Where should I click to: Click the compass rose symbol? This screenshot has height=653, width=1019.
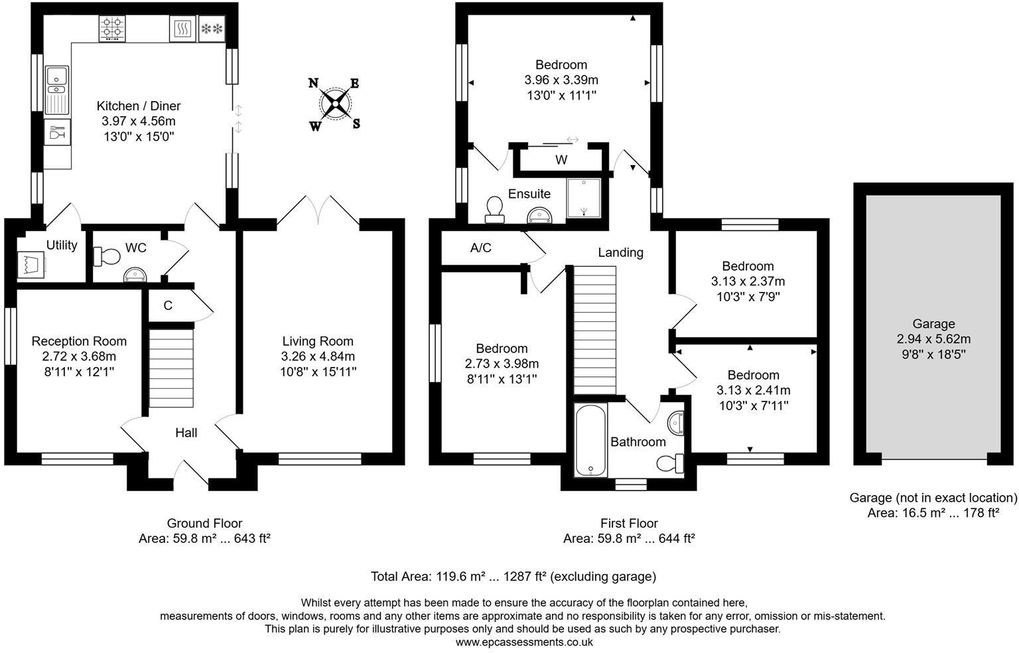pos(335,104)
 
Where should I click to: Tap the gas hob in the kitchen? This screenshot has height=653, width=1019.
pos(112,29)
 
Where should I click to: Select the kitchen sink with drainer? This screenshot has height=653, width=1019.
pos(57,90)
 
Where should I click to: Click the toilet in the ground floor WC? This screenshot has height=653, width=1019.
pos(106,257)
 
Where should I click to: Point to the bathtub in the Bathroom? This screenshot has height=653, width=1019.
pos(591,440)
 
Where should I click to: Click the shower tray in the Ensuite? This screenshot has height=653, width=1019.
pos(584,198)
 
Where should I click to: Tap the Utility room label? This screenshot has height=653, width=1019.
pos(62,246)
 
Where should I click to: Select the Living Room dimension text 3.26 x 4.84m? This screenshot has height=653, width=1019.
pos(318,356)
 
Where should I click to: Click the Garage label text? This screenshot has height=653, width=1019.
pos(933,324)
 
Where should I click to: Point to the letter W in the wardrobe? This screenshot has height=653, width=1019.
pos(561,160)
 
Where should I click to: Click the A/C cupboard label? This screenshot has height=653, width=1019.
pos(481,248)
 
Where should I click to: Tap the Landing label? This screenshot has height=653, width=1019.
pos(620,253)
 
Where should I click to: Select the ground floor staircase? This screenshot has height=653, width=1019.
pos(172,368)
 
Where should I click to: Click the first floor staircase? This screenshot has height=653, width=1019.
pos(594,330)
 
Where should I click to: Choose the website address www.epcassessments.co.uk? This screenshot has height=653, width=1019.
pos(524,642)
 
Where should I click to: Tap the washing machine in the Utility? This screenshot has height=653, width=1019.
pos(31,265)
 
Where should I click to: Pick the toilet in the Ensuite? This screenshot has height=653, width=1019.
pos(494,210)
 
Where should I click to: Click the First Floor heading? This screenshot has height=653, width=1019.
pos(629,524)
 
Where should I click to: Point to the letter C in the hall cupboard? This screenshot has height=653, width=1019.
pos(168,305)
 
